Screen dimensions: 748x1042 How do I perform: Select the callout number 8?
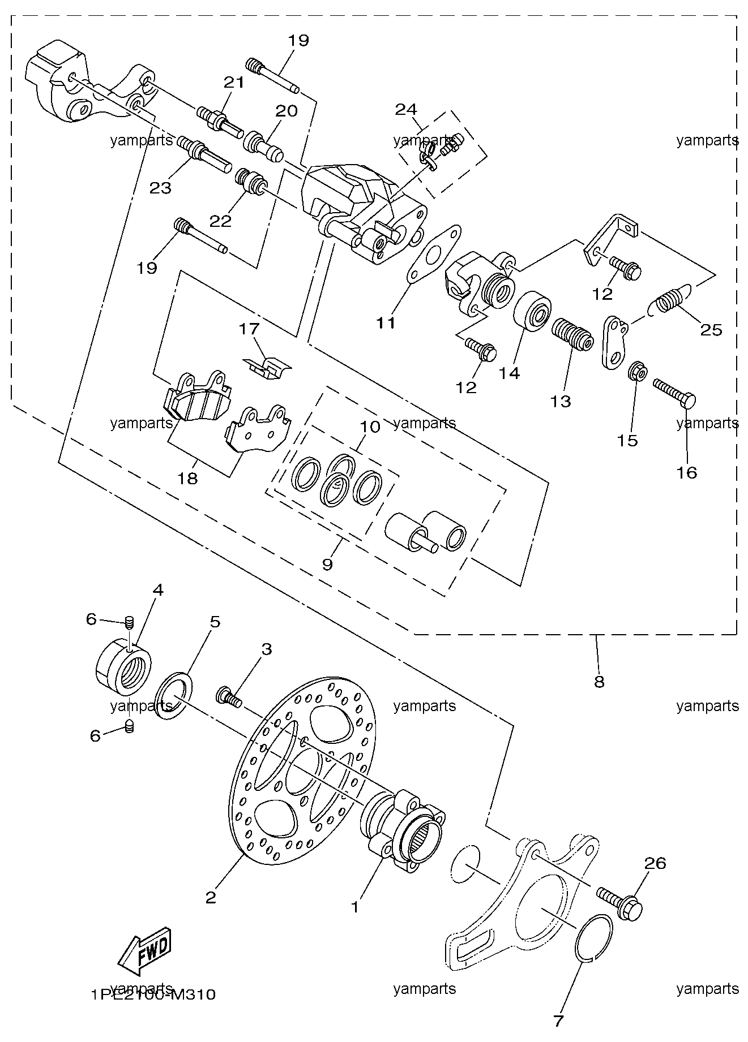(x=599, y=682)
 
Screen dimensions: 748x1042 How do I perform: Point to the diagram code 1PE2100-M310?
(x=153, y=994)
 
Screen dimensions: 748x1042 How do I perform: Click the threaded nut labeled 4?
(x=122, y=665)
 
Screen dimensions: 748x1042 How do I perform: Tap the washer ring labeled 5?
(x=173, y=695)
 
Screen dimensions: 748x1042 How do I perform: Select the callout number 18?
(x=187, y=479)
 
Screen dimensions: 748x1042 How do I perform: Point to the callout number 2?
(x=211, y=898)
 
